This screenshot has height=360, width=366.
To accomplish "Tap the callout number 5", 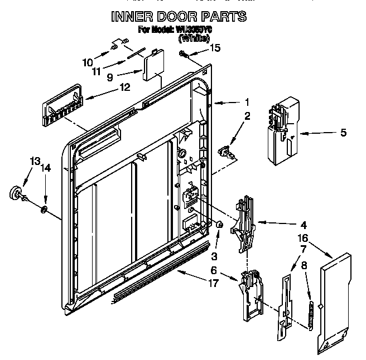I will [x=343, y=133].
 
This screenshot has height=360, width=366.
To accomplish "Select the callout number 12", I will [x=124, y=87].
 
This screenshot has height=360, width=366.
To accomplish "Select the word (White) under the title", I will [x=194, y=38].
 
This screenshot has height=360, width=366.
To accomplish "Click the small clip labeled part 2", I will [x=225, y=151].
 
